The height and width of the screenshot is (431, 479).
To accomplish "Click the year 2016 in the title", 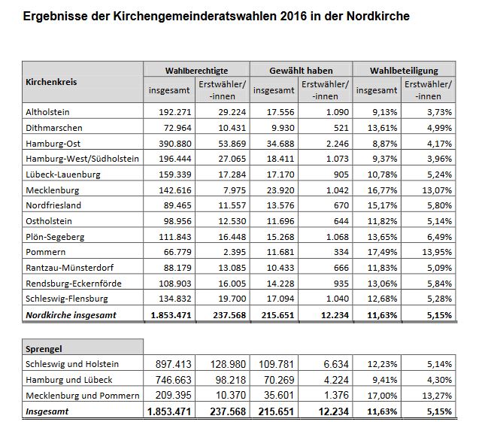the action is pyautogui.click(x=293, y=16).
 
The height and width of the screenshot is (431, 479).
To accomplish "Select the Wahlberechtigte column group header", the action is pyautogui.click(x=196, y=71).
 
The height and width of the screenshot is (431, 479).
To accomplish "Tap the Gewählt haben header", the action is pyautogui.click(x=301, y=71).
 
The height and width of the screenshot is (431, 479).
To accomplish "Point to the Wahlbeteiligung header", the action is pyautogui.click(x=404, y=71).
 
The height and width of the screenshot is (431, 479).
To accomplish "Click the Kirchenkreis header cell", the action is pyautogui.click(x=51, y=82).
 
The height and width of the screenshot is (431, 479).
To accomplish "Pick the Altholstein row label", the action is pyautogui.click(x=47, y=112).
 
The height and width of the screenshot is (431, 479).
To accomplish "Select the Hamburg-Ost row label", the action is pyautogui.click(x=53, y=144).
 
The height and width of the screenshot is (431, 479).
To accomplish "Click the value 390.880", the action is pyautogui.click(x=174, y=144).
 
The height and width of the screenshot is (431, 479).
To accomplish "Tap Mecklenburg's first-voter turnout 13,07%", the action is pyautogui.click(x=437, y=190).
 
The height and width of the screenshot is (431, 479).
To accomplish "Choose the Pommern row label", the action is pyautogui.click(x=46, y=252).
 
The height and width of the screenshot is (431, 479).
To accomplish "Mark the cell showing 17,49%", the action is pyautogui.click(x=382, y=252).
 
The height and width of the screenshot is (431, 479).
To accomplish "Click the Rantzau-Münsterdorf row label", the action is pyautogui.click(x=69, y=268).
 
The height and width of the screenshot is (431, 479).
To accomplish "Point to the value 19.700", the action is pyautogui.click(x=232, y=299).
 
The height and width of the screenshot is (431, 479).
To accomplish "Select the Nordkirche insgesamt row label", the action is pyautogui.click(x=71, y=315).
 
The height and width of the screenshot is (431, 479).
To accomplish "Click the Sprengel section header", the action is pyautogui.click(x=44, y=349).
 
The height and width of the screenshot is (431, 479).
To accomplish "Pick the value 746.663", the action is pyautogui.click(x=173, y=380).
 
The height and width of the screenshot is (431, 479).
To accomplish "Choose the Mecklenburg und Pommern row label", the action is pyautogui.click(x=82, y=396).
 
